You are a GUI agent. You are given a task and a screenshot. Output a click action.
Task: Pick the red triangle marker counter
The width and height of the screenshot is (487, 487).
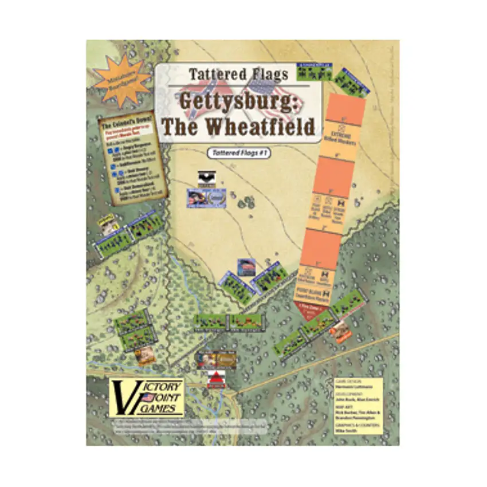click(216, 379)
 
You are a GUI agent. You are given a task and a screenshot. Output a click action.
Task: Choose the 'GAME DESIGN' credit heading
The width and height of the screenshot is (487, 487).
click(348, 380)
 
